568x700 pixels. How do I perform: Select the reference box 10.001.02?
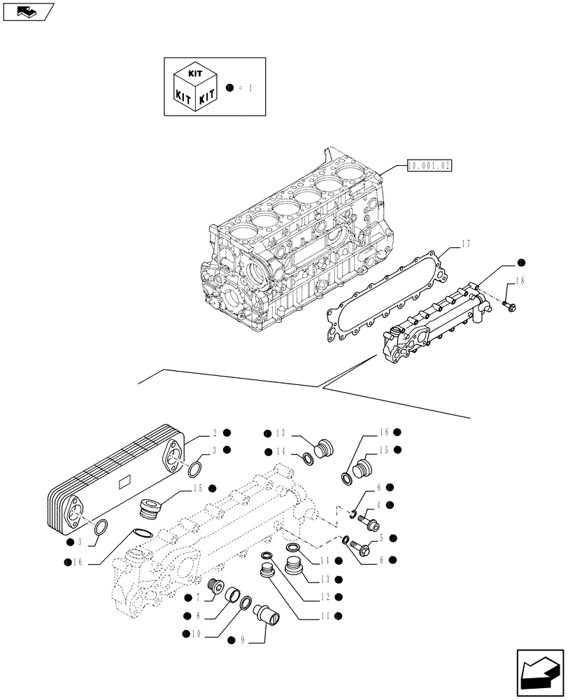click(429, 166)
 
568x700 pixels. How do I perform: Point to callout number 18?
click(518, 281)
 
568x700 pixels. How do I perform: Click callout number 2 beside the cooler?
click(216, 433)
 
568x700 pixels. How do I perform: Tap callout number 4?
click(378, 505)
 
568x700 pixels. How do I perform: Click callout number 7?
click(198, 597)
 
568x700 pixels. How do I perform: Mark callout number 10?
click(196, 633)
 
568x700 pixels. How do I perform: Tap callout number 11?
click(324, 616)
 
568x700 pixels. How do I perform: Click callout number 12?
click(324, 597)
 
